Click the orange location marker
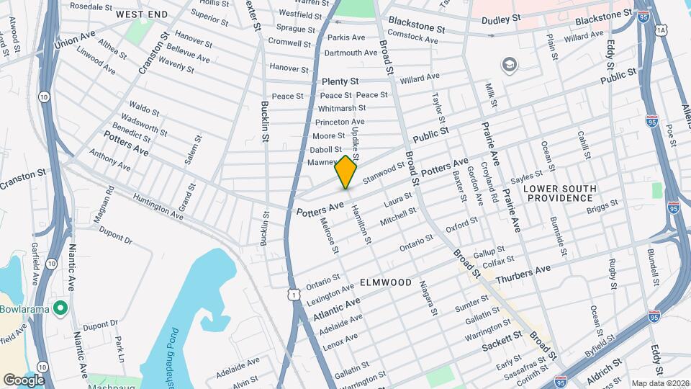pyautogui.click(x=346, y=171)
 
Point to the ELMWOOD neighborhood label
pyautogui.click(x=387, y=282)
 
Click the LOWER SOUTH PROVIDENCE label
pyautogui.click(x=560, y=193)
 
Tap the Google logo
pyautogui.click(x=24, y=380)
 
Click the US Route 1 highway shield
pyautogui.click(x=293, y=293)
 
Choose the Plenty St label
pyautogui.click(x=340, y=81)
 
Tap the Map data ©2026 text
pyautogui.click(x=659, y=383)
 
